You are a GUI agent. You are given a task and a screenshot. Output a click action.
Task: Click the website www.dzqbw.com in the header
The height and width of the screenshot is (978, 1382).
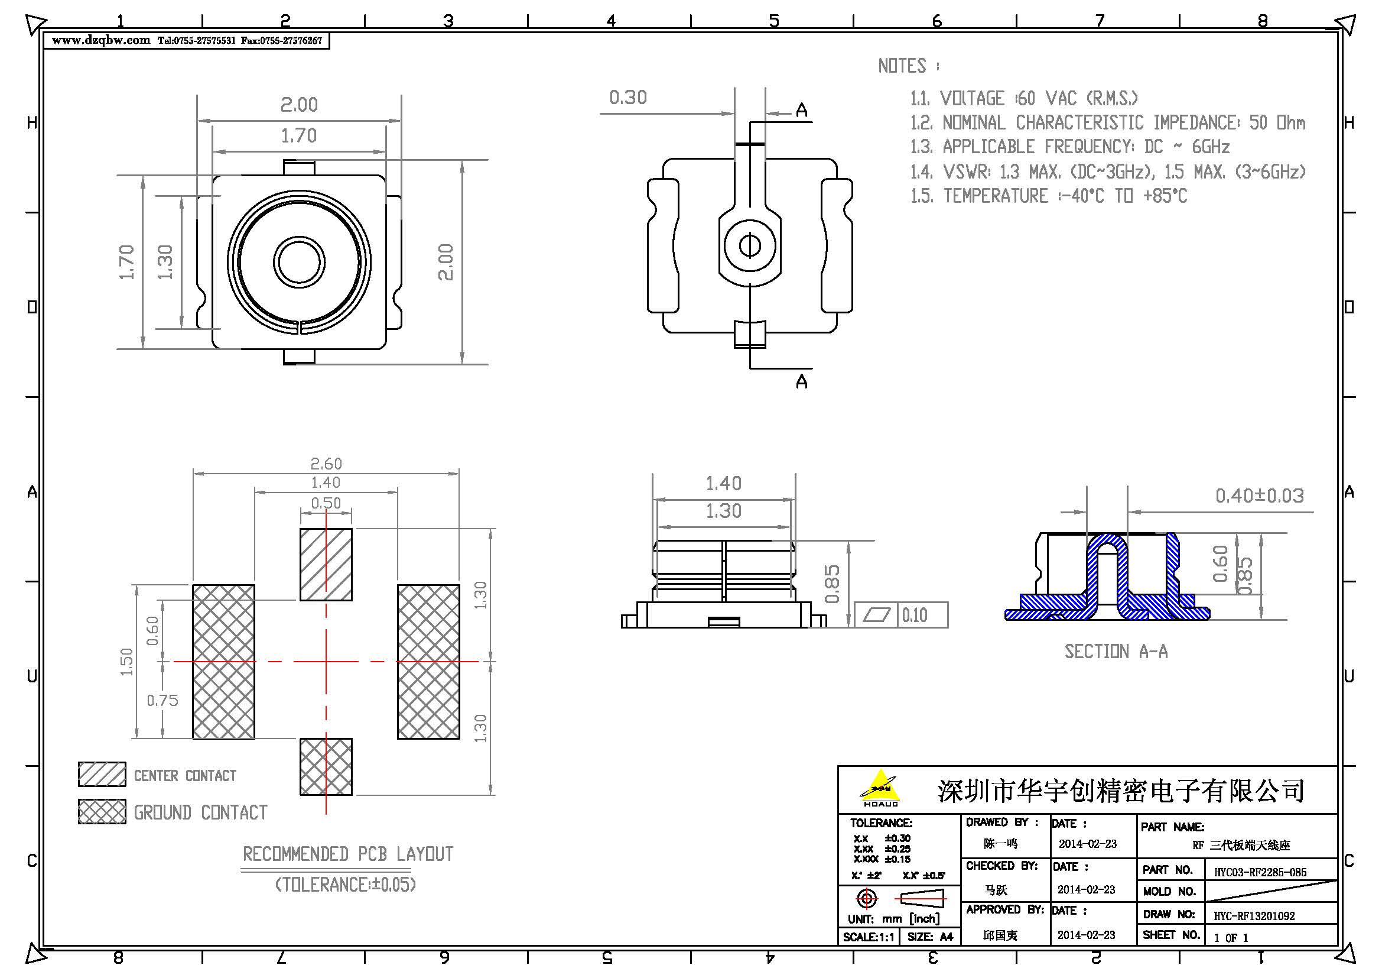[100, 40]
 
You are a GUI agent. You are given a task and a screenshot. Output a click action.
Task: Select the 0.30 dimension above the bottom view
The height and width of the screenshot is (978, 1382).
[628, 98]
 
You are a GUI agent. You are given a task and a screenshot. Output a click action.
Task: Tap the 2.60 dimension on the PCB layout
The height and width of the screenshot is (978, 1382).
[326, 464]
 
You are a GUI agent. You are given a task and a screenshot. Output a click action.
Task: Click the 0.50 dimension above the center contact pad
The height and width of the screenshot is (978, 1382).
[326, 503]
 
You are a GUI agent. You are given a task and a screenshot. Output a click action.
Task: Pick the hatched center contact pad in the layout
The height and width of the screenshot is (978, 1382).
[326, 564]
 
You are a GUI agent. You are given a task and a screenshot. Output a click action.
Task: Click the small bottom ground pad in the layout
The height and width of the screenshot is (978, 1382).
[326, 767]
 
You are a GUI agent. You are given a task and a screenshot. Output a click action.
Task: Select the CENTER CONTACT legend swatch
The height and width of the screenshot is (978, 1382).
[102, 775]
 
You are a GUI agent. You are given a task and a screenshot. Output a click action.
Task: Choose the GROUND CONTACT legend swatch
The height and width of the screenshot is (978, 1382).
[102, 811]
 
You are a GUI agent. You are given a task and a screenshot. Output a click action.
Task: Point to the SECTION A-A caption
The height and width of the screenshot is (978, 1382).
[1116, 652]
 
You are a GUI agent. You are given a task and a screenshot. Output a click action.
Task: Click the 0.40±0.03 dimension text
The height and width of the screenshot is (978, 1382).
[1259, 496]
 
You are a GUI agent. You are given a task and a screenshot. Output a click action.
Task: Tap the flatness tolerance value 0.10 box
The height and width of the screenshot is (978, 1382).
[914, 616]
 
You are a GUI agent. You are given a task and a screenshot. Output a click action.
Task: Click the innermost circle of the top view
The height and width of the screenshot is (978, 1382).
[299, 262]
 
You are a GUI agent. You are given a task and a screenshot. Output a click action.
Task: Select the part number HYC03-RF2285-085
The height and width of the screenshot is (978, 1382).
[1260, 872]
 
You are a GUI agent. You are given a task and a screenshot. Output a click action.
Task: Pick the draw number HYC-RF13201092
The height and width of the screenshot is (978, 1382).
[1254, 916]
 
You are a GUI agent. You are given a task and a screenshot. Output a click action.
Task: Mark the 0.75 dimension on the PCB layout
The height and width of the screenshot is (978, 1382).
[162, 700]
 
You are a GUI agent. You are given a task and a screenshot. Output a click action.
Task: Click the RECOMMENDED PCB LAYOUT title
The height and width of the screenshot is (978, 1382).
[348, 854]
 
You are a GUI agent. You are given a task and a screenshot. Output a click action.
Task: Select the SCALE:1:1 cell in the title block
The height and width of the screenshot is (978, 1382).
[869, 937]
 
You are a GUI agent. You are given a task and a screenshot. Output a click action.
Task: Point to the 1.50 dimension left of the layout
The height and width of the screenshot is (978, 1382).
[126, 662]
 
